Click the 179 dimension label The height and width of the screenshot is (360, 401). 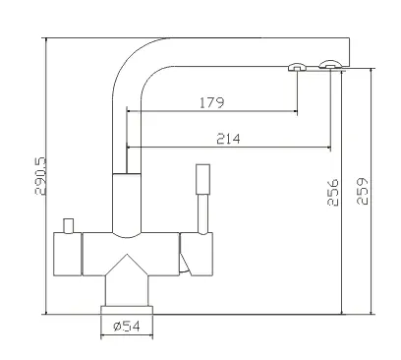tap(212, 102)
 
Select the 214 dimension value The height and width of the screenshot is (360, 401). tap(228, 139)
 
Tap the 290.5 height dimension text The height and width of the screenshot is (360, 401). tap(40, 176)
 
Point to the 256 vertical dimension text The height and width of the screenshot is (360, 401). tap(333, 192)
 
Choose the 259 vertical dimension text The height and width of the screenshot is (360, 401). tap(363, 191)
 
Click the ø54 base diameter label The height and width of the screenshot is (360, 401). tap(127, 327)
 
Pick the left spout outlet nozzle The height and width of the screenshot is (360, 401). tap(297, 67)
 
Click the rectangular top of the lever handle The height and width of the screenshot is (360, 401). tap(202, 179)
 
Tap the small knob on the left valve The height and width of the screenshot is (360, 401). tap(69, 226)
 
